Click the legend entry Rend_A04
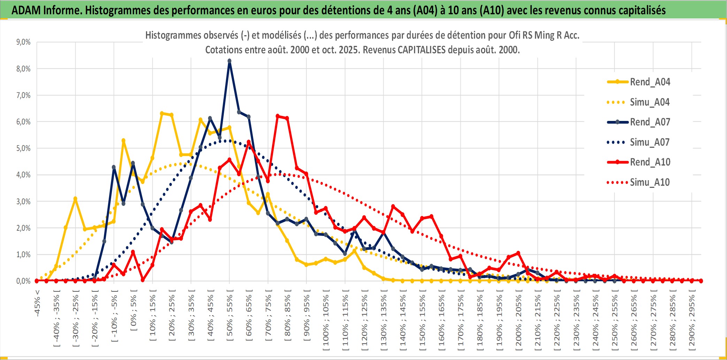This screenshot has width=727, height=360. click(650, 82)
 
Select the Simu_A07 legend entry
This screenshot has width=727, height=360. click(650, 142)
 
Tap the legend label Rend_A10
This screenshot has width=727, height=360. click(650, 162)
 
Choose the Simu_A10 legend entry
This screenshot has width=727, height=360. click(650, 182)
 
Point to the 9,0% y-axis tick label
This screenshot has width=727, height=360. click(23, 42)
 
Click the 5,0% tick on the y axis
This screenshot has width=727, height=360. click(23, 148)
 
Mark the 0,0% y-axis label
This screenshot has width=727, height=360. click(23, 281)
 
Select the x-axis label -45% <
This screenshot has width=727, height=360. click(37, 303)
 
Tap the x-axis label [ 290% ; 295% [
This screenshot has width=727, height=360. click(692, 321)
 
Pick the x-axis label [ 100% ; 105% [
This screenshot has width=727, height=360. click(326, 321)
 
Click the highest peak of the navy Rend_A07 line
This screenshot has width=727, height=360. click(229, 61)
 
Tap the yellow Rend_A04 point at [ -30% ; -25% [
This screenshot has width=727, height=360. click(75, 199)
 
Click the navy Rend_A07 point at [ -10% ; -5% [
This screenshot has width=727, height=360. click(114, 167)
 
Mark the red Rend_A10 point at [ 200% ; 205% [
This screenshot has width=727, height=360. click(518, 253)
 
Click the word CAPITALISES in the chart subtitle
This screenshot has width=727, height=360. click(421, 50)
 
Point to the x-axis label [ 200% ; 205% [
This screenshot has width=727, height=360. click(519, 321)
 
